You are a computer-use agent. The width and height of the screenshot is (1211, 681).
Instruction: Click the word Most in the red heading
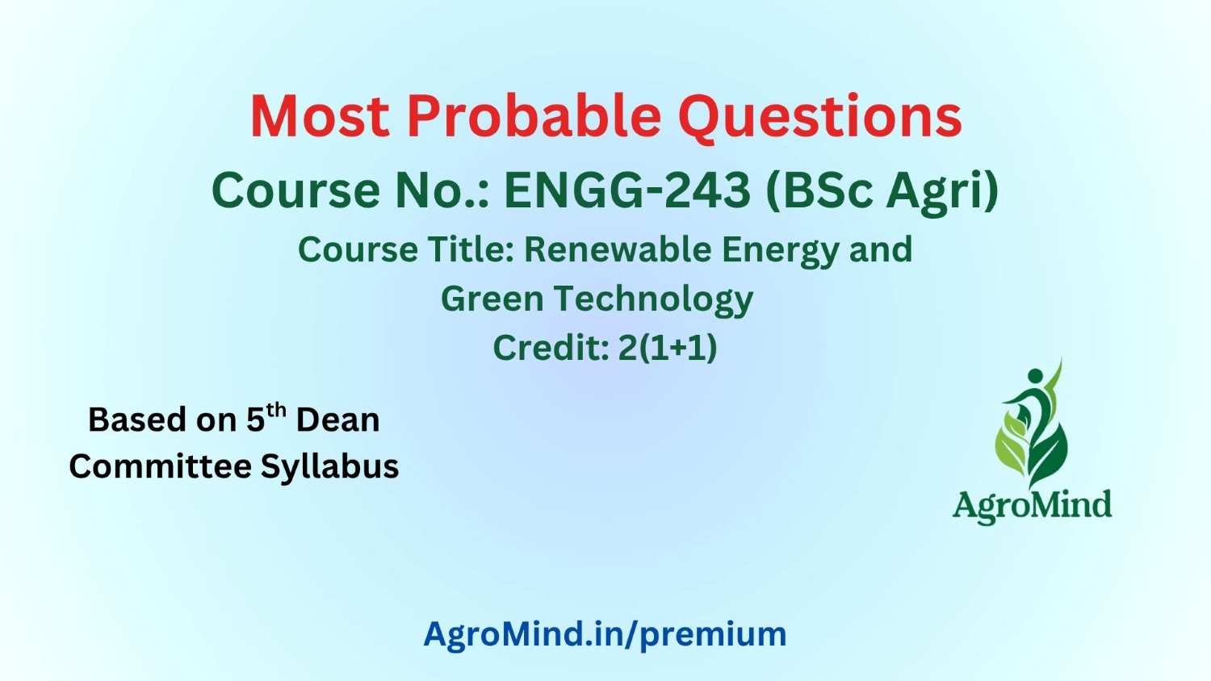(x=320, y=116)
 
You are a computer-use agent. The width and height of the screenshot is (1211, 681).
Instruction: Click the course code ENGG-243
(x=627, y=190)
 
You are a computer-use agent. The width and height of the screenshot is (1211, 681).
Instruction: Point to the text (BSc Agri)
(x=882, y=192)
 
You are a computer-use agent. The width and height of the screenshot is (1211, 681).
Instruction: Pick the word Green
(x=492, y=299)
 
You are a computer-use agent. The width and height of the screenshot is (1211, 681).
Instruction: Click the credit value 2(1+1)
(x=668, y=348)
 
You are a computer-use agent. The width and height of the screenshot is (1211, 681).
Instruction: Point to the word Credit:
(x=551, y=348)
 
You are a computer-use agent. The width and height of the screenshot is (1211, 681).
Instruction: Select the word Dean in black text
(x=338, y=420)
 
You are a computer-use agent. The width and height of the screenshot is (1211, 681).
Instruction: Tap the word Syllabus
(x=329, y=468)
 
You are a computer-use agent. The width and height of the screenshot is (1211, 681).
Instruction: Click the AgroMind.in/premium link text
(x=605, y=634)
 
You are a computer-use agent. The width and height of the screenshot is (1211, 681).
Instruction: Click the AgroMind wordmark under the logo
(x=1032, y=506)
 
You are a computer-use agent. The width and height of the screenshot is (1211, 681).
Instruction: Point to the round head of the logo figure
(x=1035, y=376)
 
